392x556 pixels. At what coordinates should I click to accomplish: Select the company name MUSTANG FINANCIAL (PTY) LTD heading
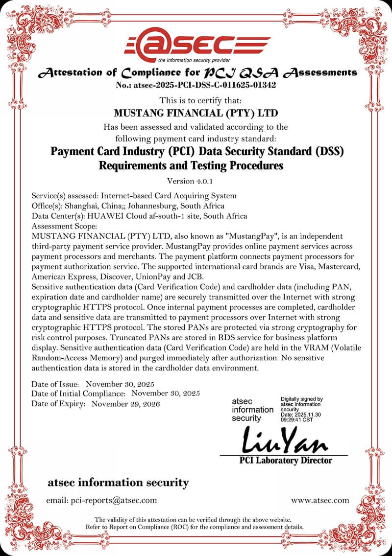[x=196, y=113]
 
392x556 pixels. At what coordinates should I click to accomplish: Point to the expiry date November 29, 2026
[x=126, y=404]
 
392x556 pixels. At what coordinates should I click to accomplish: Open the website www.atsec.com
[x=320, y=500]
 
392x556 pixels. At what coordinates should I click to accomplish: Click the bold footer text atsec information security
[x=118, y=483]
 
